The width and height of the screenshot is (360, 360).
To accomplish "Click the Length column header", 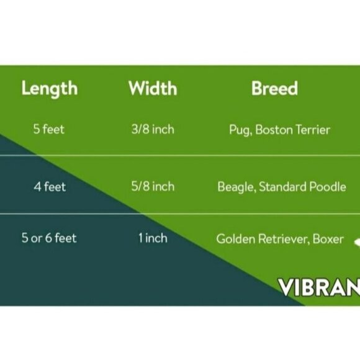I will point(50,89).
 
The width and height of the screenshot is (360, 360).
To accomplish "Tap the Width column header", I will point(152,89).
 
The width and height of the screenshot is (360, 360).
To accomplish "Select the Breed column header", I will point(274,89).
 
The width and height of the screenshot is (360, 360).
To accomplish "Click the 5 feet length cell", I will point(49,130).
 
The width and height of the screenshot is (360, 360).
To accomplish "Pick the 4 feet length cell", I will point(50,186).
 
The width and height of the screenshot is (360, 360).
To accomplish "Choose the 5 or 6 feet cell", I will point(50,238).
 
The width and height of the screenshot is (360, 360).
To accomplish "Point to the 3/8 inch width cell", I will point(153,130).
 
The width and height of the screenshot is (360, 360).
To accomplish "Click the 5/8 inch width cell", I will point(153,186).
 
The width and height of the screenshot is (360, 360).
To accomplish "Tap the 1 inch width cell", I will point(153,238).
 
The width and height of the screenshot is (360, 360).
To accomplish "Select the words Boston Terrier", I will point(293,130).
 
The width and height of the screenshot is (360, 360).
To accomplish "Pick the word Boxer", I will point(328,238).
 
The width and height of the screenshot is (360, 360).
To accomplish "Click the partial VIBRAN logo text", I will point(318,288).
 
